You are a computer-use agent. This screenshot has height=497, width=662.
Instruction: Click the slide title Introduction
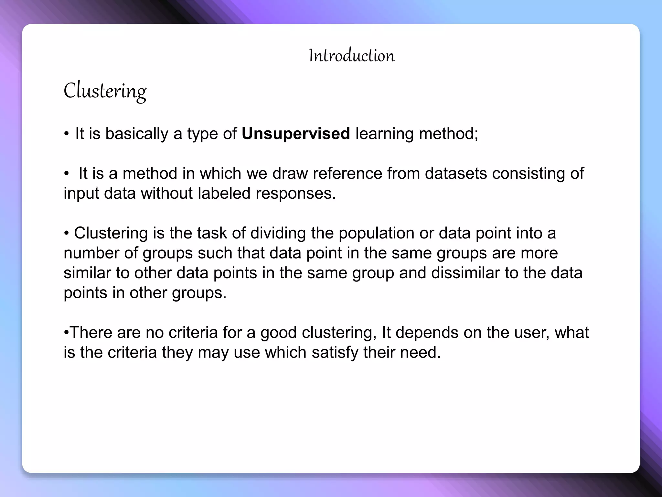pyautogui.click(x=351, y=56)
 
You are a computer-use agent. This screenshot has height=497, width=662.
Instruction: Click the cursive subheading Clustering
pyautogui.click(x=105, y=91)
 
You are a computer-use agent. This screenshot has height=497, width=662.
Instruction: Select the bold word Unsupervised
pyautogui.click(x=296, y=134)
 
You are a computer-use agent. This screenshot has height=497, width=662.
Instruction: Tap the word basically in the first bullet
pyautogui.click(x=136, y=134)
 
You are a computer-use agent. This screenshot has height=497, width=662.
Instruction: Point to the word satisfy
pyautogui.click(x=335, y=352)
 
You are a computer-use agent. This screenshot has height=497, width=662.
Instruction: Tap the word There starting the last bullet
pyautogui.click(x=91, y=333)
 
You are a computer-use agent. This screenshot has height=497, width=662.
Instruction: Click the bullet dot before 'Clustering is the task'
pyautogui.click(x=66, y=234)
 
